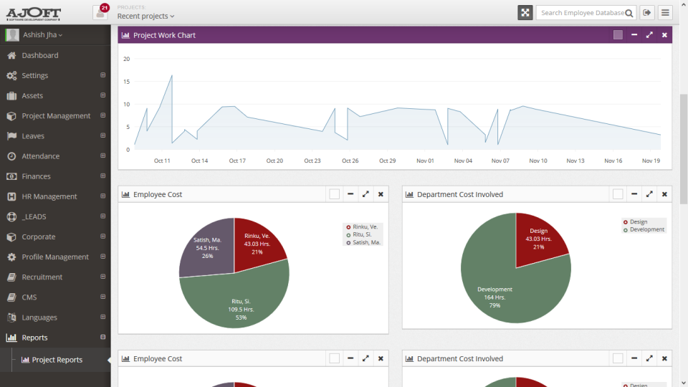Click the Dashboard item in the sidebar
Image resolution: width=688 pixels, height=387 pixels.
pyautogui.click(x=39, y=55)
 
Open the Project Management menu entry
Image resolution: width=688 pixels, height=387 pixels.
pyautogui.click(x=56, y=115)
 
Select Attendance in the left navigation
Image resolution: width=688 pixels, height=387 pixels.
pyautogui.click(x=40, y=156)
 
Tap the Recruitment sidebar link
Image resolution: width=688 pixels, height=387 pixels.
pyautogui.click(x=42, y=277)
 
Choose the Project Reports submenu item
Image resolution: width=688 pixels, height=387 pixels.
pyautogui.click(x=57, y=360)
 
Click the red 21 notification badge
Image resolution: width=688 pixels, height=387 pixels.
pyautogui.click(x=105, y=7)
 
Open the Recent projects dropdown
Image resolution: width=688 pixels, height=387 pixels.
pyautogui.click(x=145, y=16)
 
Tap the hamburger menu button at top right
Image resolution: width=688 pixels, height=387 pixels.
pyautogui.click(x=665, y=13)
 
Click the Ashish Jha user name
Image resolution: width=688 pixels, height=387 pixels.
pyautogui.click(x=44, y=35)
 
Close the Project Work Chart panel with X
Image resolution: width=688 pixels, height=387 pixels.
pyautogui.click(x=664, y=35)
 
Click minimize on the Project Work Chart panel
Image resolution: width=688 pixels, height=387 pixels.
pyautogui.click(x=634, y=35)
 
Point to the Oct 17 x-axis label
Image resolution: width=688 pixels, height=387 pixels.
pyautogui.click(x=237, y=161)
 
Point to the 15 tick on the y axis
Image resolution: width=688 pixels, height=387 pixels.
pyautogui.click(x=126, y=82)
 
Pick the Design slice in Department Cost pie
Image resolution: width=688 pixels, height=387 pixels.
pyautogui.click(x=539, y=236)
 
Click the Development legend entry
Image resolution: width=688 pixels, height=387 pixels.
pyautogui.click(x=646, y=229)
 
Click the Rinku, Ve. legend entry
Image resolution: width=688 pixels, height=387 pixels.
pyautogui.click(x=364, y=226)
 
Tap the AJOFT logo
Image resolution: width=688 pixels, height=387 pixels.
pyautogui.click(x=34, y=13)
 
